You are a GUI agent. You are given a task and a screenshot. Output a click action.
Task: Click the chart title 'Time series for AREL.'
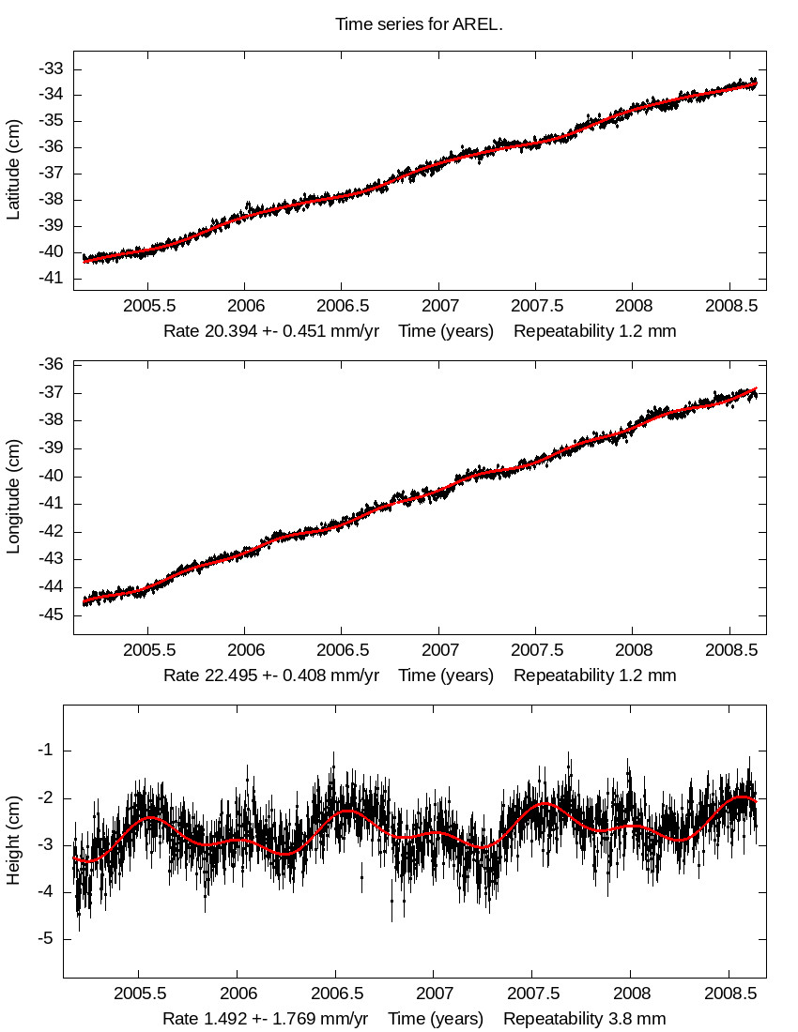pyautogui.click(x=419, y=24)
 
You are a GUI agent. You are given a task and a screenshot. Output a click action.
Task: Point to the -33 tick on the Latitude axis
pyautogui.click(x=51, y=68)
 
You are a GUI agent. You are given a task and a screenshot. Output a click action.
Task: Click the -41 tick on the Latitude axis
pyautogui.click(x=51, y=279)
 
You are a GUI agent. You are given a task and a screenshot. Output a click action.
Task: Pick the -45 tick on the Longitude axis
pyautogui.click(x=51, y=615)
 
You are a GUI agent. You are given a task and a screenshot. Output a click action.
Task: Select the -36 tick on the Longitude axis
pyautogui.click(x=51, y=365)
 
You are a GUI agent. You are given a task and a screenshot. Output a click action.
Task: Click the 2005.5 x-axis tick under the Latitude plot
pyautogui.click(x=149, y=307)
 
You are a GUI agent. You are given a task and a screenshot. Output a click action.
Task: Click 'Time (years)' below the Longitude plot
pyautogui.click(x=446, y=675)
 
